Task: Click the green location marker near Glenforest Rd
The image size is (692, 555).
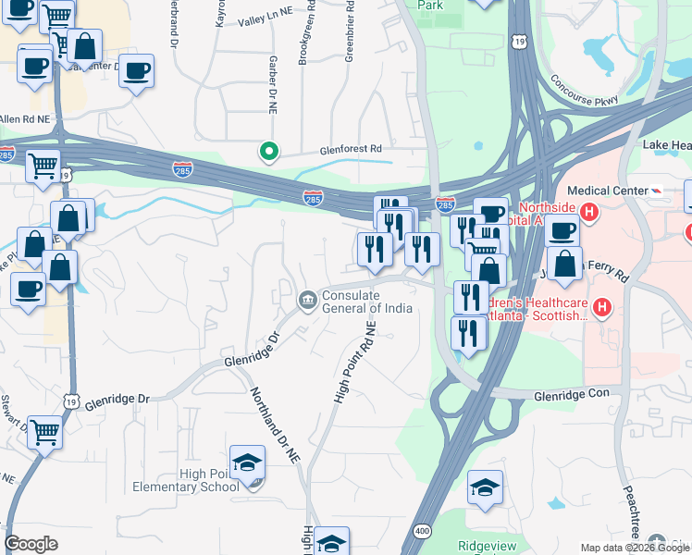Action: tap(269, 151)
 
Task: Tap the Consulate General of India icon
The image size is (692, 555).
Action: tap(306, 301)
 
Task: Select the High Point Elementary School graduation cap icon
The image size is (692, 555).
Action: tap(248, 462)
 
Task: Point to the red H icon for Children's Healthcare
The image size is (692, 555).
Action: tap(601, 307)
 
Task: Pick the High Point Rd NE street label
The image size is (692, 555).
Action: tap(354, 363)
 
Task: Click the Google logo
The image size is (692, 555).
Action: tap(31, 543)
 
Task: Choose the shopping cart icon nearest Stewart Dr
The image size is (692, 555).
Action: tap(45, 432)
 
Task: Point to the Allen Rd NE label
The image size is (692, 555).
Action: tap(22, 119)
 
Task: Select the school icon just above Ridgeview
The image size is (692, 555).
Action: tap(486, 487)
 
